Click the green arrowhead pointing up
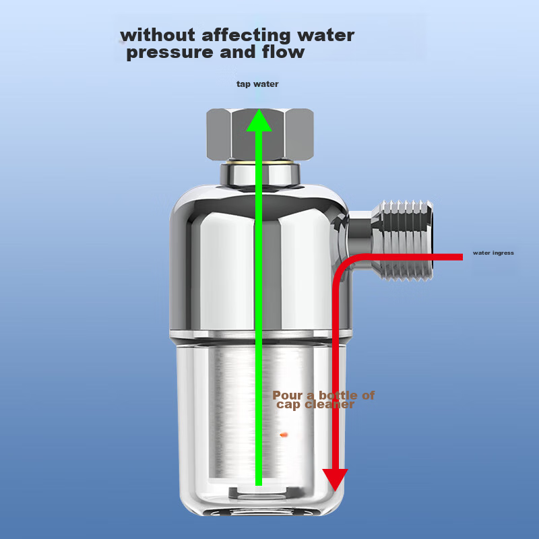pos(259,121)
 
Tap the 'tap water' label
pos(257,84)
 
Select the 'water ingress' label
pos(493,253)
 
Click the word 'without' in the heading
pos(158,35)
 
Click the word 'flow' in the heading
pos(283,52)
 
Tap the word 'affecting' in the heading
pos(246,36)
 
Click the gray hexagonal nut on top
pos(260,134)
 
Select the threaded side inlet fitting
pos(403,241)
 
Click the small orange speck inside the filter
pos(284,435)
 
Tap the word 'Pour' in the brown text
pos(288,395)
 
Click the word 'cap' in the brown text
pos(289,405)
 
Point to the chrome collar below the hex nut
pos(260,175)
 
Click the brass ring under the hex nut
pos(260,161)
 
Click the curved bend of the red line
pos(345,267)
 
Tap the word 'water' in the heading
pos(326,36)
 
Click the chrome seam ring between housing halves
pos(260,334)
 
